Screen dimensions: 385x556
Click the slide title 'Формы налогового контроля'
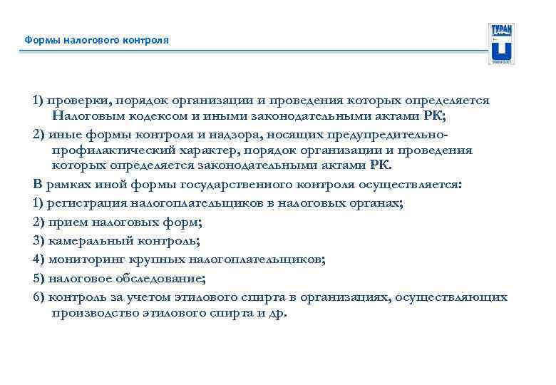[x=97, y=40]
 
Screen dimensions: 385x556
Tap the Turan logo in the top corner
[x=501, y=43]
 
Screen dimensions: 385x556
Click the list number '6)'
[x=39, y=297]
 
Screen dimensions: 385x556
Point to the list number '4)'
[x=39, y=260]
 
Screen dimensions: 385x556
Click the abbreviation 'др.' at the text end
[x=278, y=313]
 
